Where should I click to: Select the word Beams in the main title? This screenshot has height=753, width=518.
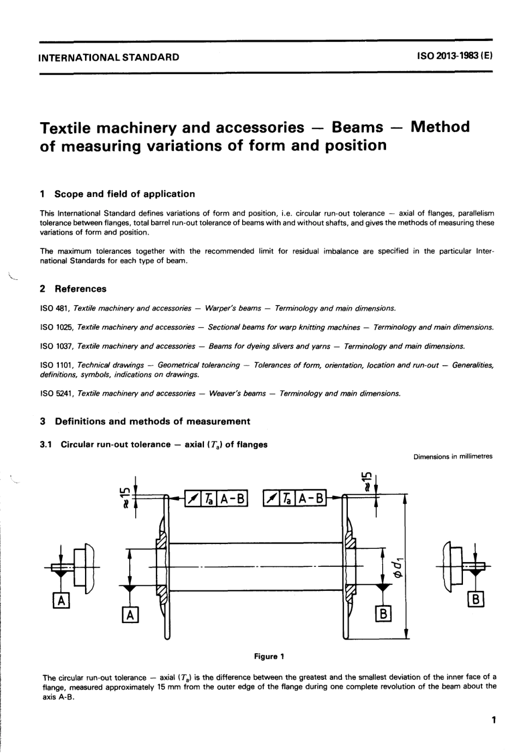pyautogui.click(x=357, y=127)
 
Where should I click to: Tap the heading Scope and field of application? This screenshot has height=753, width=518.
pyautogui.click(x=124, y=194)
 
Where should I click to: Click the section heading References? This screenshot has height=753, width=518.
pyautogui.click(x=81, y=289)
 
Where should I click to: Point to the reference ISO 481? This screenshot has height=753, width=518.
pyautogui.click(x=53, y=308)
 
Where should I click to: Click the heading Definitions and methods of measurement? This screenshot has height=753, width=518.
pyautogui.click(x=153, y=421)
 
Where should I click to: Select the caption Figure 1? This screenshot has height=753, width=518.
pyautogui.click(x=269, y=656)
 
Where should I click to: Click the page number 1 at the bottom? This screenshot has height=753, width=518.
pyautogui.click(x=493, y=720)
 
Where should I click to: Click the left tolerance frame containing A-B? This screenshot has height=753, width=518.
pyautogui.click(x=216, y=498)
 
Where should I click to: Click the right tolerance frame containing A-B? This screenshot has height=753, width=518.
pyautogui.click(x=294, y=498)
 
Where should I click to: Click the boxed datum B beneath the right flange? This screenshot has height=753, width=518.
pyautogui.click(x=383, y=614)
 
